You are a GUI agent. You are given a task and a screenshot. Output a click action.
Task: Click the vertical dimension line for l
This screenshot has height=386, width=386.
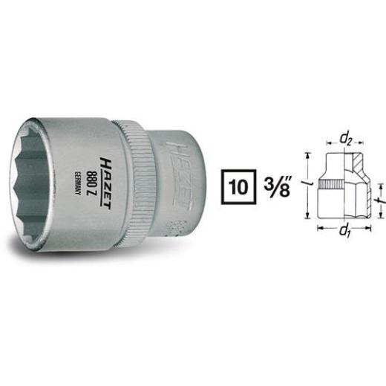click(311, 183)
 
